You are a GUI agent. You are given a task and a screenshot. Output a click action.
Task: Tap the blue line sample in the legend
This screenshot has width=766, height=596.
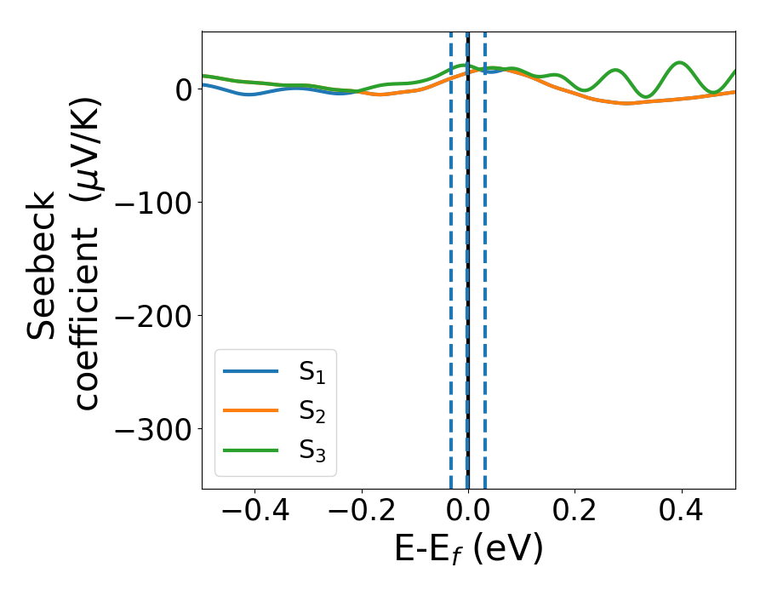[x=250, y=371]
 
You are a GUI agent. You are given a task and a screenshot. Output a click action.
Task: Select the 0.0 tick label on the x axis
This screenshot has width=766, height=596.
[x=468, y=513]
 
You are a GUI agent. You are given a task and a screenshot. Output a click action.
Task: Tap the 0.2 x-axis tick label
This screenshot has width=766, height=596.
[x=575, y=513]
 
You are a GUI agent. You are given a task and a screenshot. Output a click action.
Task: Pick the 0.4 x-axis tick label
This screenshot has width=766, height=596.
[x=682, y=513]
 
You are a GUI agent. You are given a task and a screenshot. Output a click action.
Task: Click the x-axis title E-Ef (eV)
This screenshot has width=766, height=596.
[x=468, y=551]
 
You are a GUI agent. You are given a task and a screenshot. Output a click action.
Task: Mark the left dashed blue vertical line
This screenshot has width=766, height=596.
[x=451, y=255]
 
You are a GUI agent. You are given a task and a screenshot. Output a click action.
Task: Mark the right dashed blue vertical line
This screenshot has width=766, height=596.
[x=485, y=255]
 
